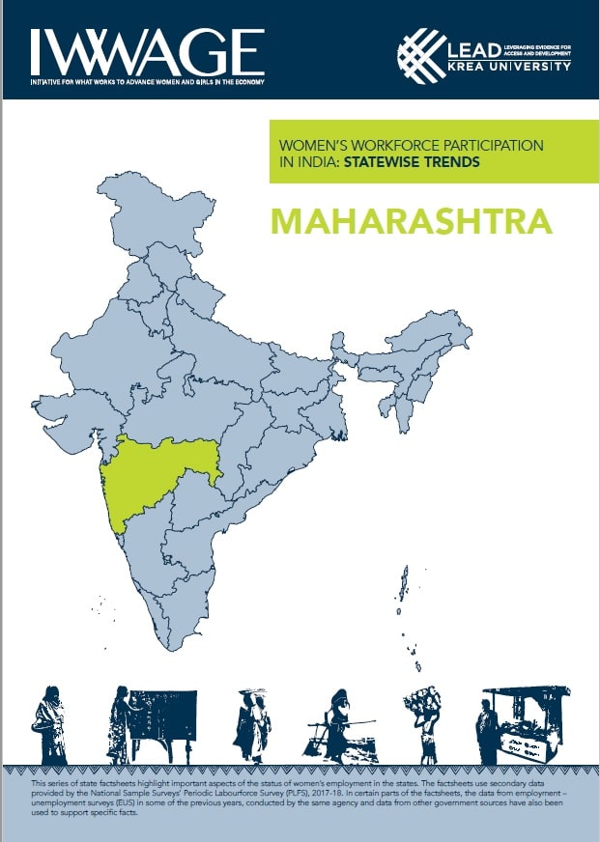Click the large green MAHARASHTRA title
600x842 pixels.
(412, 219)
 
